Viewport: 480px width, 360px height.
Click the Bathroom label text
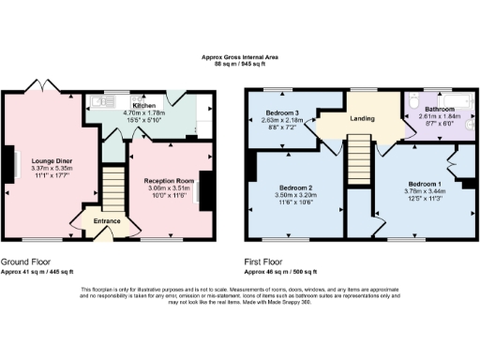(434, 108)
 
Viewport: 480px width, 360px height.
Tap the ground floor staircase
(112, 187)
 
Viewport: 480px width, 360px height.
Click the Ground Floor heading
(25, 262)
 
